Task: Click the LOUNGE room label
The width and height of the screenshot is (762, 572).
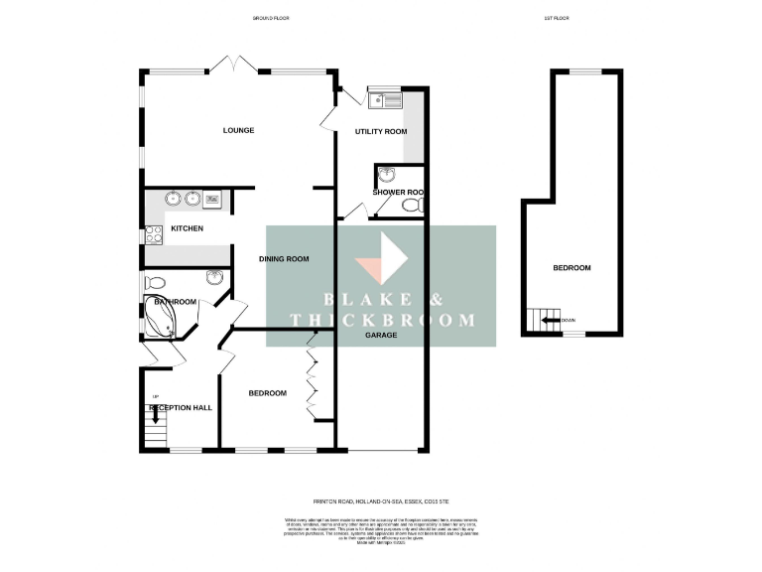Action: [x=238, y=130]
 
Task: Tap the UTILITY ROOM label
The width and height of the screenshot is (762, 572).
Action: [x=381, y=132]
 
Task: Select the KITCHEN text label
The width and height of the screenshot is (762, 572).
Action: [x=187, y=228]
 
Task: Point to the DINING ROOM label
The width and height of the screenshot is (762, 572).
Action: [x=284, y=259]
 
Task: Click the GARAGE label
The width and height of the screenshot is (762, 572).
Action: [x=380, y=335]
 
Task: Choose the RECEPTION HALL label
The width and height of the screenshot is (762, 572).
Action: [x=181, y=407]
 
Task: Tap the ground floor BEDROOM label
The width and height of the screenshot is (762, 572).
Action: [x=267, y=393]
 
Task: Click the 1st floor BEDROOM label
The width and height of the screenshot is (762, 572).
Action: [x=571, y=268]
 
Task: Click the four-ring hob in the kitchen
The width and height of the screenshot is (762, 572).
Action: [x=154, y=235]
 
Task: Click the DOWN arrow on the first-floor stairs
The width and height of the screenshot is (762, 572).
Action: [x=546, y=320]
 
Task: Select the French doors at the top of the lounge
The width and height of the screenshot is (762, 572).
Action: [x=238, y=66]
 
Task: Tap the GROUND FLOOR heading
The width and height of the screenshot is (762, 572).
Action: [x=270, y=18]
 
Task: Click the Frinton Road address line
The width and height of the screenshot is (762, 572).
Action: [x=381, y=502]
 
